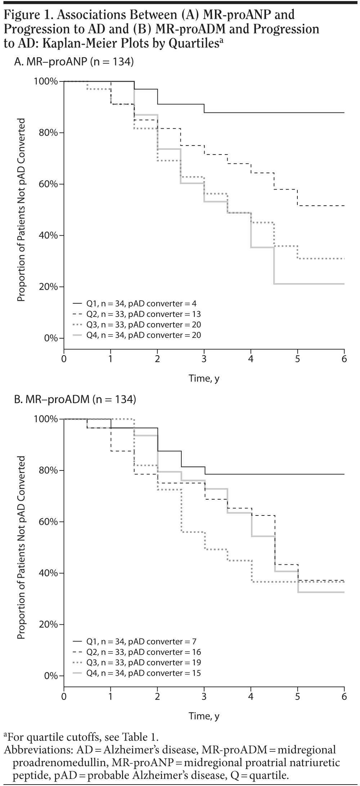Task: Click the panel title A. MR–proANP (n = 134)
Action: [x=74, y=62]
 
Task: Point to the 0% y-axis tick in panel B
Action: [x=50, y=676]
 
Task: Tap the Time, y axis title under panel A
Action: [x=204, y=379]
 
